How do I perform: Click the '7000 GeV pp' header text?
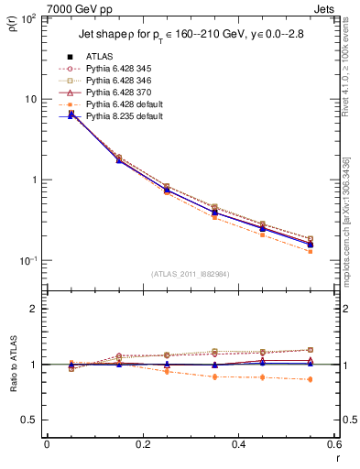[x=80, y=8]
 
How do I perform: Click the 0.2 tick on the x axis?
[x=143, y=444]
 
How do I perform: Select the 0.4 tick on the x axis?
[x=239, y=444]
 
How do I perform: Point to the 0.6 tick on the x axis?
[x=334, y=444]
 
